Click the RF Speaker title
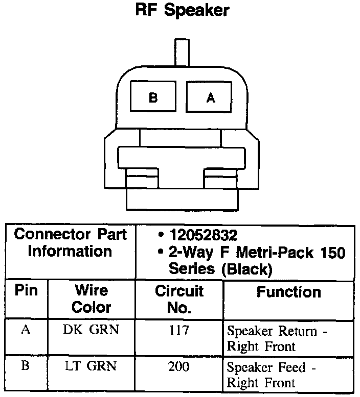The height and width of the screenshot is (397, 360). click(x=182, y=11)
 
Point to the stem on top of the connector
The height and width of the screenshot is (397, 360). click(x=183, y=52)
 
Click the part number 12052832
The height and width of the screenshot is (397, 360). click(x=204, y=236)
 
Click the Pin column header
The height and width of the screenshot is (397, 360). click(x=26, y=290)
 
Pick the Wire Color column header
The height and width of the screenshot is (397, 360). click(x=91, y=299)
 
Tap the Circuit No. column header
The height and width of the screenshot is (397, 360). click(x=179, y=299)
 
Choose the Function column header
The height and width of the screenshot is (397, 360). click(x=289, y=292)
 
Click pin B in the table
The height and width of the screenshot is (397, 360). click(x=26, y=366)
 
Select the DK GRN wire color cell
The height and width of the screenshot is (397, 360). click(x=91, y=330)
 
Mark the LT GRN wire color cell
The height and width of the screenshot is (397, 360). click(x=91, y=366)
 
